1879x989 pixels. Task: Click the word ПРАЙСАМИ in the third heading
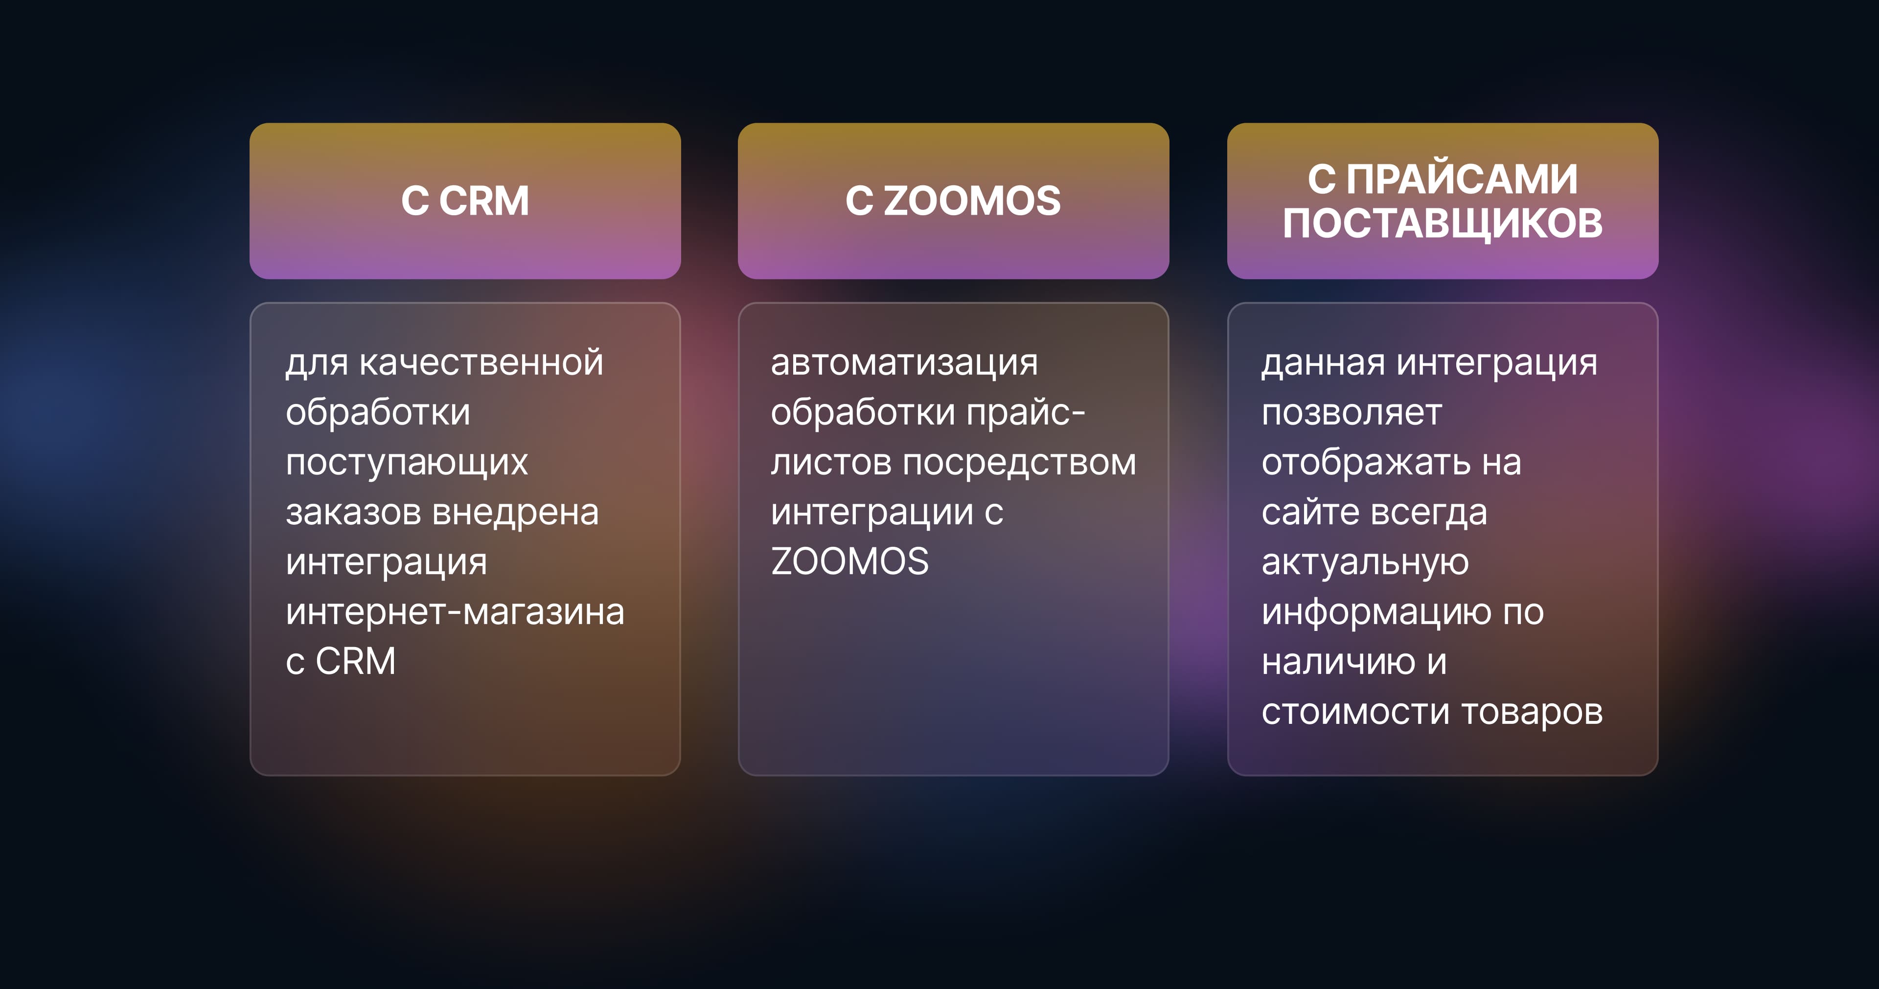click(x=1462, y=180)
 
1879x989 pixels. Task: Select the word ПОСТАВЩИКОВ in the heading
click(x=1443, y=223)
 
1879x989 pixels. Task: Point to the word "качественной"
click(x=481, y=362)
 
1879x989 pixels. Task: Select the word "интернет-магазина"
click(x=455, y=612)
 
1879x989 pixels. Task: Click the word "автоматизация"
click(x=904, y=362)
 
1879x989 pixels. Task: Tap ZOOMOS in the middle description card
click(x=850, y=562)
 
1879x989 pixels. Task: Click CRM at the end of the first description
click(x=356, y=661)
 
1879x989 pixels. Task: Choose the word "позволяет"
click(x=1352, y=413)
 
